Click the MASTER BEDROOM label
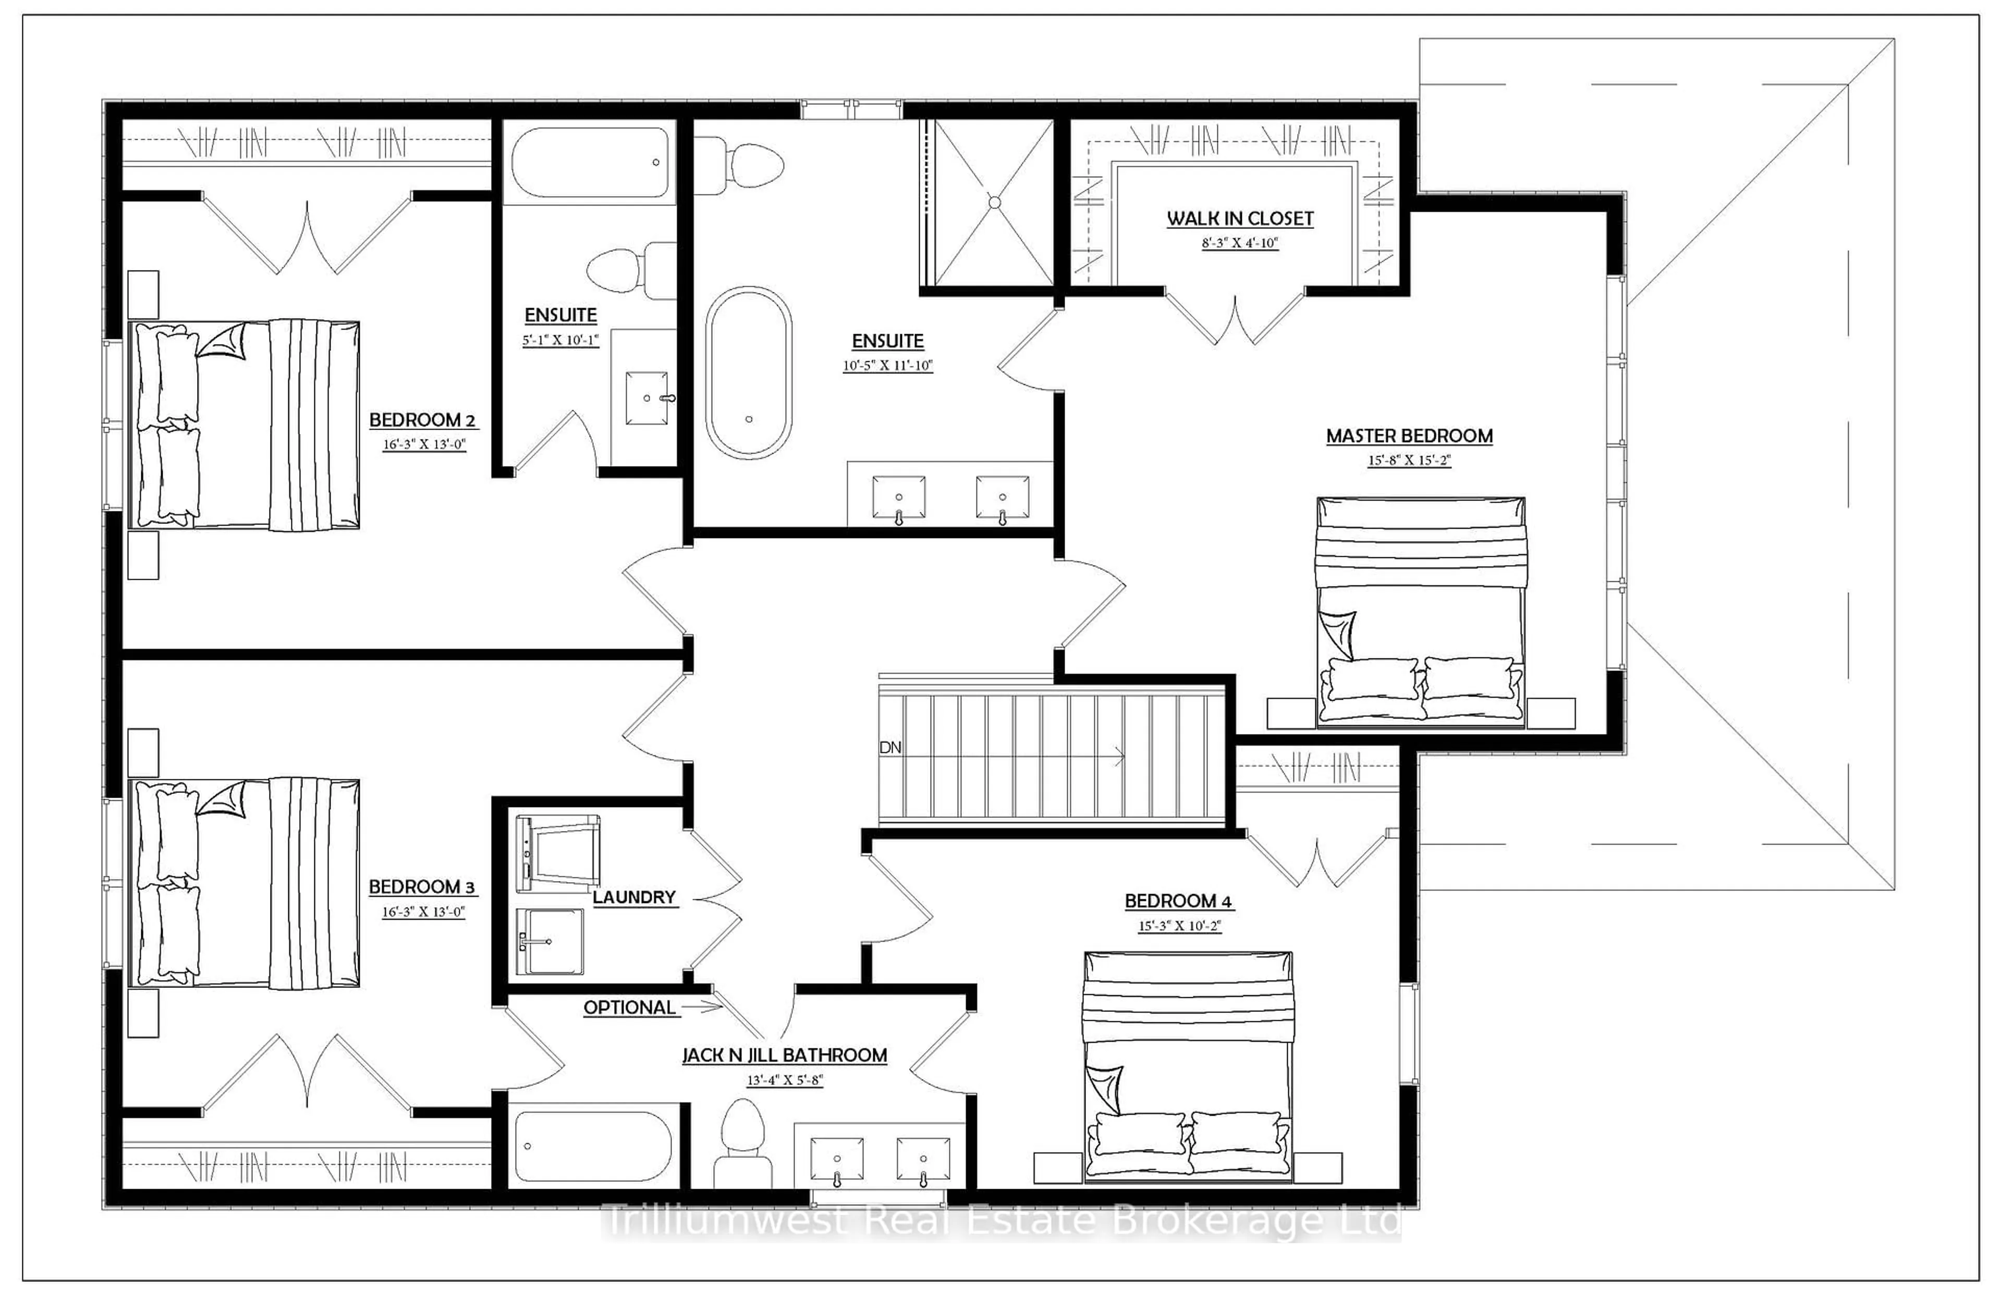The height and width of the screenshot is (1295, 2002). click(1409, 436)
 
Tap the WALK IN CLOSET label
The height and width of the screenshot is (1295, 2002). click(1239, 218)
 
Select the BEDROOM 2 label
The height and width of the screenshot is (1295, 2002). click(422, 420)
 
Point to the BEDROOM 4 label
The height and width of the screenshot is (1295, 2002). click(1178, 901)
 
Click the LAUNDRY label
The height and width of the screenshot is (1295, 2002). click(634, 897)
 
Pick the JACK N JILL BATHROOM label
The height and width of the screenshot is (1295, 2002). click(785, 1055)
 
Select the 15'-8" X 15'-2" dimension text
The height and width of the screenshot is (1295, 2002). click(1409, 460)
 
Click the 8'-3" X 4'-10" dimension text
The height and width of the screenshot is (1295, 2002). click(1239, 243)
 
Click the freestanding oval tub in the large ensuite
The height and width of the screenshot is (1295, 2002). click(748, 373)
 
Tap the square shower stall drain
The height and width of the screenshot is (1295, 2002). click(994, 202)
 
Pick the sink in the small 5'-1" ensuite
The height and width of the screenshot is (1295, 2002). click(646, 398)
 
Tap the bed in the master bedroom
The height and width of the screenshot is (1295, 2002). click(1420, 612)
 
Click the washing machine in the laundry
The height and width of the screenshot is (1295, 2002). click(557, 853)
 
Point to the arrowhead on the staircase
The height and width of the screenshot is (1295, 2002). click(1121, 757)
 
